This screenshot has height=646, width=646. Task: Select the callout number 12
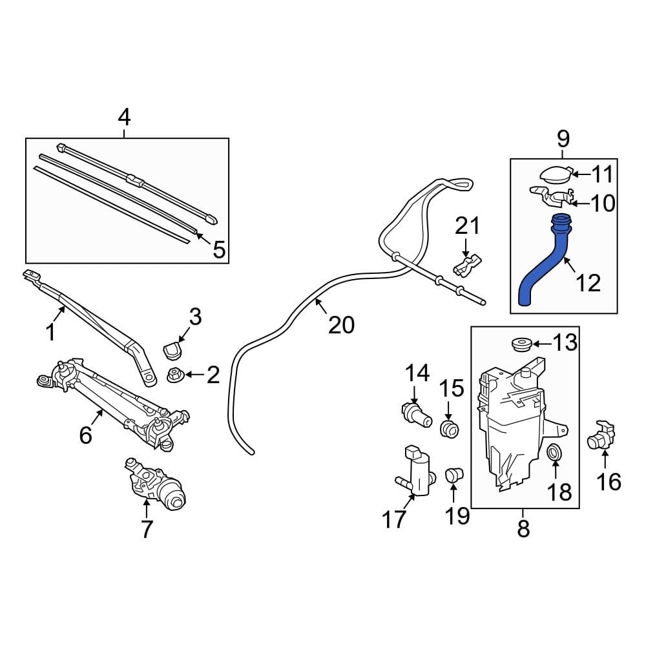point(588,282)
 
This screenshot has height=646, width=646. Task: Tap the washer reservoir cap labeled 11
point(555,174)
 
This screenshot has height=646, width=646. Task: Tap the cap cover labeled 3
point(171,349)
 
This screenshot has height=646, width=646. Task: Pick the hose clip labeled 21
point(468,263)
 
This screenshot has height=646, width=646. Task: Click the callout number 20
point(341,325)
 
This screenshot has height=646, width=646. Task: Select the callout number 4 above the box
point(124,118)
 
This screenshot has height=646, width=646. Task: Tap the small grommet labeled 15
point(448,428)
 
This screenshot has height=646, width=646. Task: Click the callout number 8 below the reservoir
point(523,528)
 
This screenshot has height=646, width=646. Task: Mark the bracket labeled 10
point(552,196)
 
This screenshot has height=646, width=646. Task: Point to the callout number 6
point(86,435)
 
